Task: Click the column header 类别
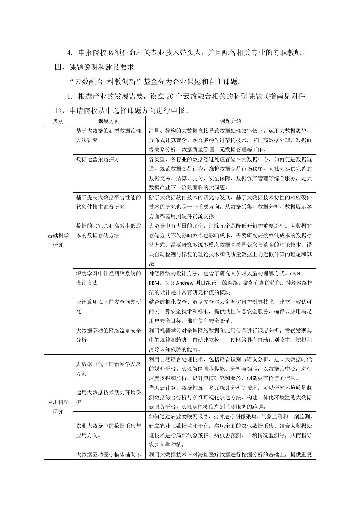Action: coord(58,121)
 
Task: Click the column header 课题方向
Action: coord(109,121)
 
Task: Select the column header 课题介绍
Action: coord(230,121)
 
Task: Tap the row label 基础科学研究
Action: coord(58,240)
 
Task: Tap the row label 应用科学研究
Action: coord(58,407)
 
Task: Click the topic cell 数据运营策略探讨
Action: coord(97,160)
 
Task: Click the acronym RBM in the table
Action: coord(154,283)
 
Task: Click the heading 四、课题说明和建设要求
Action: coord(95,67)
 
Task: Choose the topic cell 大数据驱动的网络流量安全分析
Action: coord(108,335)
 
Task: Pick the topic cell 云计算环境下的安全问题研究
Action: coord(108,307)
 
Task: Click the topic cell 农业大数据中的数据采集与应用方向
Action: coord(108,431)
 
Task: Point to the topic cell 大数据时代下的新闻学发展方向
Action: coord(108,369)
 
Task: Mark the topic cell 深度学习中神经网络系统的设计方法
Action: coord(108,278)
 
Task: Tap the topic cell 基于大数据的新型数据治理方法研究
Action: coord(108,136)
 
